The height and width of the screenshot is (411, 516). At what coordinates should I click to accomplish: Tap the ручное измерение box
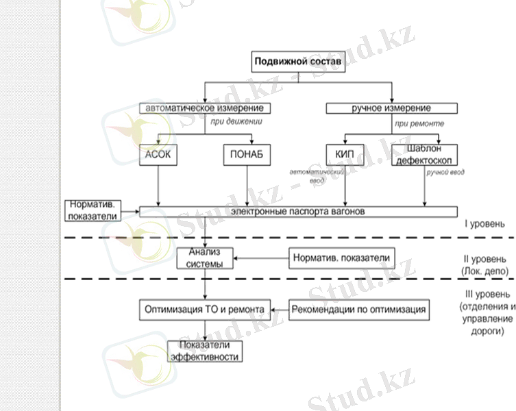click(x=391, y=108)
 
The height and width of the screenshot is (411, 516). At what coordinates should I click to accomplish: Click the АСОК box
click(x=158, y=155)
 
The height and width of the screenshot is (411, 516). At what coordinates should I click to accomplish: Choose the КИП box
click(x=344, y=155)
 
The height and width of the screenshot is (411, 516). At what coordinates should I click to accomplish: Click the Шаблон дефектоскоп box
click(x=424, y=155)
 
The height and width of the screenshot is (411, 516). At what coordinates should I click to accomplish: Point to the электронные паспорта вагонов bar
click(x=298, y=212)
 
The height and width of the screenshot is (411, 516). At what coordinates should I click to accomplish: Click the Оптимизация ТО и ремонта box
click(x=205, y=309)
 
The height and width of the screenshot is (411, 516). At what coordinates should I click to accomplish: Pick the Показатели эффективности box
click(x=205, y=351)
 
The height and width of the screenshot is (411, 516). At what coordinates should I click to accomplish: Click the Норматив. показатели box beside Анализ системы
click(x=341, y=258)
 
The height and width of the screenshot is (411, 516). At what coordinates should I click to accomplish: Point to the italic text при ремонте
click(x=419, y=123)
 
